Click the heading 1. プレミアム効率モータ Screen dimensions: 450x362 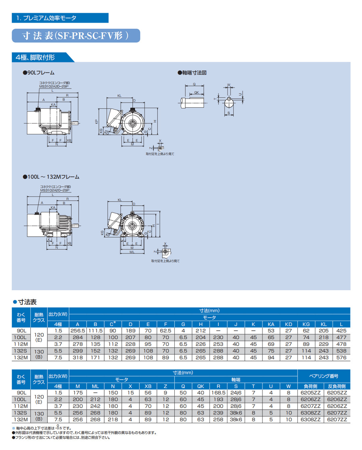[46, 18]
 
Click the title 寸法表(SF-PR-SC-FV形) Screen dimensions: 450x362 [75, 36]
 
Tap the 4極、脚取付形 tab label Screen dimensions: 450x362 [35, 58]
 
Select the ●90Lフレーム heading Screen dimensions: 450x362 [39, 73]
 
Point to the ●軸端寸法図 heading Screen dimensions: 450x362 [192, 73]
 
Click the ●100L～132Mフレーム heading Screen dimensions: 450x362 [51, 177]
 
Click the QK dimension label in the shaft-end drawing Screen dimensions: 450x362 [196, 93]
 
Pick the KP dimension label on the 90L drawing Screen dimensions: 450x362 [96, 122]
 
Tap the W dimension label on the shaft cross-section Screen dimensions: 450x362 [229, 85]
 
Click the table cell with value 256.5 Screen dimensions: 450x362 [77, 331]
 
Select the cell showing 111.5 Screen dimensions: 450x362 [95, 331]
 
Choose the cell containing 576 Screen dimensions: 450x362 [341, 357]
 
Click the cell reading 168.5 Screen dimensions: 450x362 [218, 393]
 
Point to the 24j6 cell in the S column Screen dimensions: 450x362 [236, 393]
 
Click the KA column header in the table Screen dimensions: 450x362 [271, 324]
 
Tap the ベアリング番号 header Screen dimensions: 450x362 [324, 376]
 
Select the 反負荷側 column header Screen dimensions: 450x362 [337, 386]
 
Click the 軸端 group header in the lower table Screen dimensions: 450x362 [236, 380]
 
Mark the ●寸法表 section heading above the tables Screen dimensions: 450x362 [25, 302]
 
